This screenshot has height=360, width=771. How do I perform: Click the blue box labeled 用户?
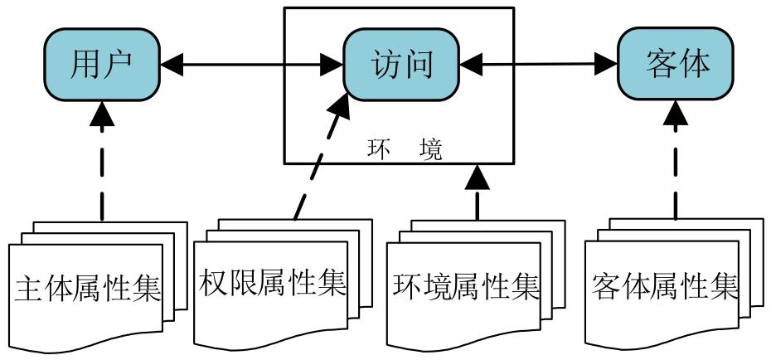coord(101,64)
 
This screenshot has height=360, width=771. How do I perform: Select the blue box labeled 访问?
coord(401,64)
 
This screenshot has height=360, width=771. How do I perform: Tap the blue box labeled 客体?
coord(676,64)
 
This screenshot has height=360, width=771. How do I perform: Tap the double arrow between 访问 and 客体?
coord(539,62)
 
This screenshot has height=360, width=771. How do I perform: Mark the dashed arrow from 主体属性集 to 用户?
coord(101,166)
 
